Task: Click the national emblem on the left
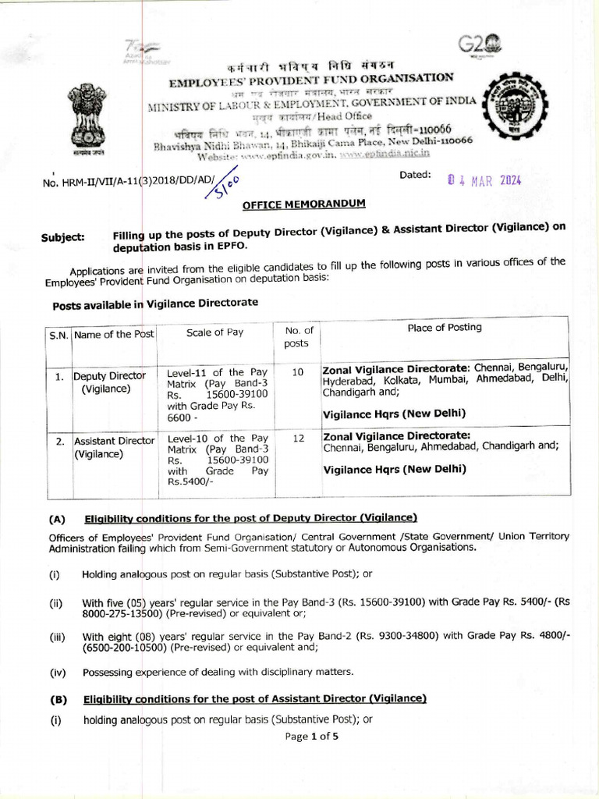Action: coord(87,118)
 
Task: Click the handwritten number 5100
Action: coord(227,184)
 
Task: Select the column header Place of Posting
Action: coord(445,327)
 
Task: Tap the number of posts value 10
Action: coord(297,372)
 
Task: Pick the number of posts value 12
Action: coord(297,439)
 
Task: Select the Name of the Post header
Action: coord(115,335)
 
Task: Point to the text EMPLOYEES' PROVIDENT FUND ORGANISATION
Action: coord(311,79)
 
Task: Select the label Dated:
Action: coord(414,175)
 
